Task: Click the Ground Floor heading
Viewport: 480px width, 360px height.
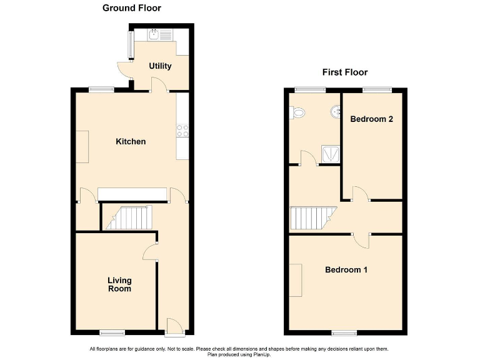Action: coord(131,8)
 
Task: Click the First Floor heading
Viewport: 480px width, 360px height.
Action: coord(344,72)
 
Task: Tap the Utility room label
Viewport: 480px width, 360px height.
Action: coord(160,66)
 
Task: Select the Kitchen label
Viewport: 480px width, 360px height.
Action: coord(131,142)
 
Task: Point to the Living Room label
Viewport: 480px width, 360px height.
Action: coord(119,285)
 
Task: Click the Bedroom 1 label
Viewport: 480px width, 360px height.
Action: coord(346,270)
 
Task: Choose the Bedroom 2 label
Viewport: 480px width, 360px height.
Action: coord(371,119)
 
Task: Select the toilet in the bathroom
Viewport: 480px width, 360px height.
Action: coord(298,112)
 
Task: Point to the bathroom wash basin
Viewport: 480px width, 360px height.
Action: coord(336,112)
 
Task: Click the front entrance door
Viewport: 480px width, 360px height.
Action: coord(173,325)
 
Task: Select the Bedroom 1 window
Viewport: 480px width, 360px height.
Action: coord(344,332)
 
